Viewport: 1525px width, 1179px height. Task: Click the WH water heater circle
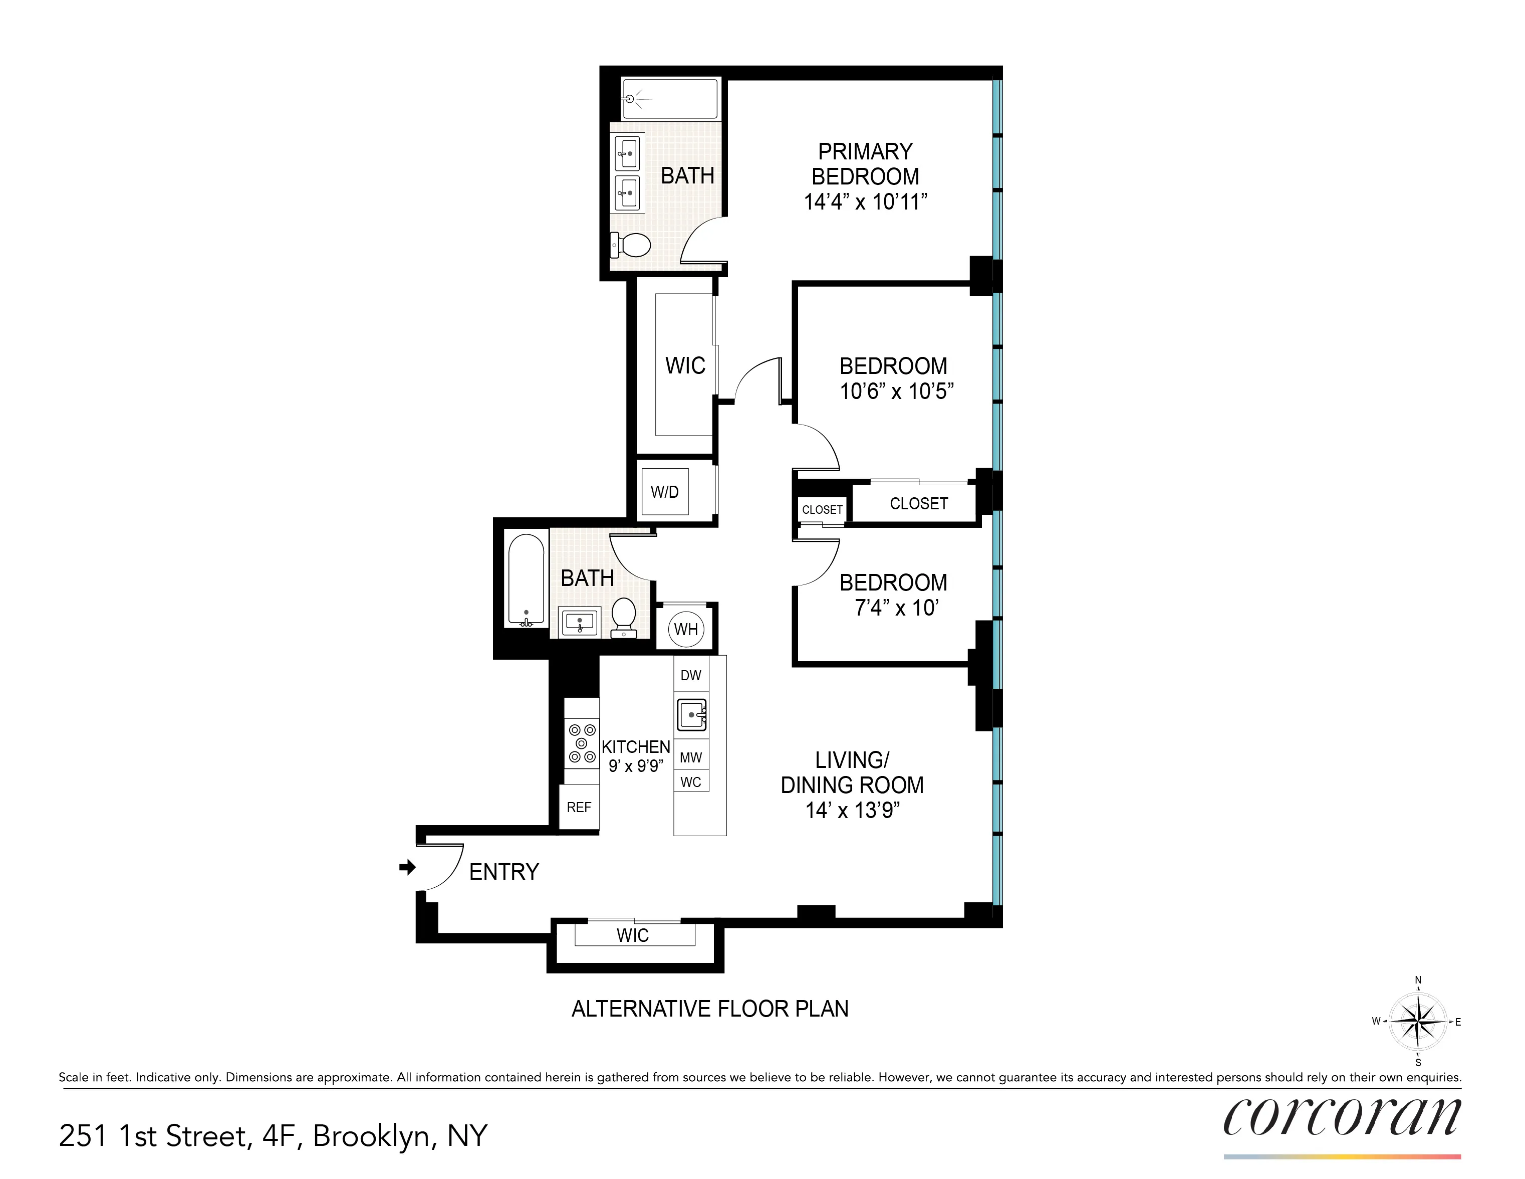click(686, 629)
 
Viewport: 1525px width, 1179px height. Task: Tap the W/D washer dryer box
click(665, 492)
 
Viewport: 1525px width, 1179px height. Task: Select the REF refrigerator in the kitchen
click(579, 808)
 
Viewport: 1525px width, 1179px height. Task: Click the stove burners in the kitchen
click(582, 743)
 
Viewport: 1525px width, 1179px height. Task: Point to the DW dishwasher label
click(690, 675)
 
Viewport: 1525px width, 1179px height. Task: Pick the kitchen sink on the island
click(691, 714)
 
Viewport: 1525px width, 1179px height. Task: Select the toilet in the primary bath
click(631, 245)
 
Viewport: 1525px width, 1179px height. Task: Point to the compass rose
click(1417, 1021)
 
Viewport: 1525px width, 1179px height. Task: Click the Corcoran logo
click(1341, 1117)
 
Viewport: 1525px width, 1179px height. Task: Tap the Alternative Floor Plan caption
click(709, 1009)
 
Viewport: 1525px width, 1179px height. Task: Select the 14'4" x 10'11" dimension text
click(865, 202)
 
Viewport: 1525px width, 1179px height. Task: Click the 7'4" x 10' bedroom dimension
click(896, 608)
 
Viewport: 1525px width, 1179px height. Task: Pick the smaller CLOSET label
click(822, 510)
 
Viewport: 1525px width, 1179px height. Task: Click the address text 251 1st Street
click(273, 1136)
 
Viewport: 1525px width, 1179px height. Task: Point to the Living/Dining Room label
click(852, 772)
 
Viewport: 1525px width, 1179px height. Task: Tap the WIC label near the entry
click(633, 935)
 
